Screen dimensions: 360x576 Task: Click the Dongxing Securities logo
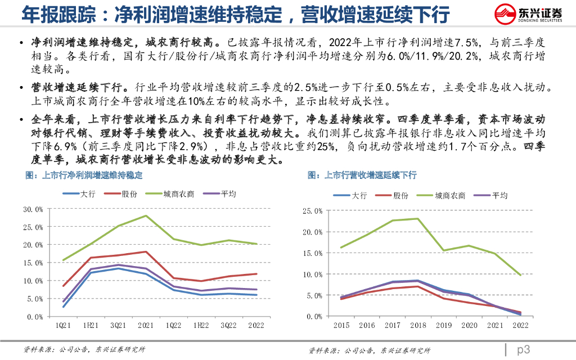point(527,14)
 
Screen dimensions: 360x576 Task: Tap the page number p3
point(523,349)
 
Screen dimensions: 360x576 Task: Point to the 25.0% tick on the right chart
point(312,211)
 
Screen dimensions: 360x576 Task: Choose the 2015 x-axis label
point(341,325)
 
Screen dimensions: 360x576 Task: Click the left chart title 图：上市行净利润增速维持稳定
point(84,175)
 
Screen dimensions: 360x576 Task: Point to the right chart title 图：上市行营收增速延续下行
point(362,175)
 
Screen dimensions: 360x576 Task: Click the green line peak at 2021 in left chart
point(146,215)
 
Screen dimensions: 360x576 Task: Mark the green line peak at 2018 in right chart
point(417,219)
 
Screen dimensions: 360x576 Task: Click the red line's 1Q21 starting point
point(63,286)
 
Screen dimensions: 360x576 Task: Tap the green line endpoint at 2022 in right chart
point(520,275)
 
